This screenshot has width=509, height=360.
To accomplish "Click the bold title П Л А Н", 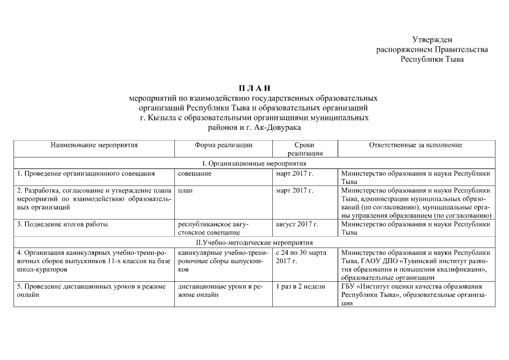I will click(254, 88).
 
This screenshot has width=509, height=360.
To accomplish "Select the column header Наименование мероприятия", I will click(94, 145).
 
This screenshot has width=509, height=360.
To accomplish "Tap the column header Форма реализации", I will click(223, 145).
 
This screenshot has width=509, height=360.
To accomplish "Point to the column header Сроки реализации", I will click(304, 149).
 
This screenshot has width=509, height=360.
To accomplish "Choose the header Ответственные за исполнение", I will click(416, 145).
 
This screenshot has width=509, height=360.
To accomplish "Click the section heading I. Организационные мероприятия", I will click(254, 163).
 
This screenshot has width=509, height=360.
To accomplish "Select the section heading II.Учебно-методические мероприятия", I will click(254, 242).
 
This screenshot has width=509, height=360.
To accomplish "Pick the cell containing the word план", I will click(185, 191).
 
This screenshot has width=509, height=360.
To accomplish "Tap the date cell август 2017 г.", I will click(297, 224).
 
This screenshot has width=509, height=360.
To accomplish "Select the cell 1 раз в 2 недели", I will click(300, 287).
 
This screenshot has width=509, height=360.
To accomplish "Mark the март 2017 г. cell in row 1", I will click(295, 174).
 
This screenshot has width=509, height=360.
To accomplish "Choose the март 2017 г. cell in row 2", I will click(295, 191).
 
